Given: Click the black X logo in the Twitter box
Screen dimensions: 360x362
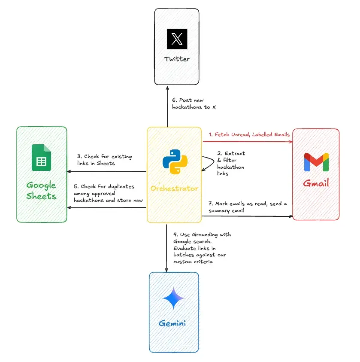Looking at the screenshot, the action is pyautogui.click(x=177, y=39).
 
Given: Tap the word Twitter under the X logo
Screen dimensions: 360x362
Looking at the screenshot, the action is pyautogui.click(x=177, y=59).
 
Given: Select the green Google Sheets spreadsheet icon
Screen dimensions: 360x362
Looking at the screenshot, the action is pyautogui.click(x=41, y=158).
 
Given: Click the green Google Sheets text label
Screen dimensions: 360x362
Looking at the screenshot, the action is pyautogui.click(x=41, y=191).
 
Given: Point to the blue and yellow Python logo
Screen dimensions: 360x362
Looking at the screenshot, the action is pyautogui.click(x=175, y=162).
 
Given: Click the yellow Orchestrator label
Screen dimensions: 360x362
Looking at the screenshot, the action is pyautogui.click(x=174, y=189).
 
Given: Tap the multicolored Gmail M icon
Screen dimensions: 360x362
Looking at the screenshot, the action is pyautogui.click(x=316, y=162).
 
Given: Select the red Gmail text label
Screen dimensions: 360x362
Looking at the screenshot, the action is pyautogui.click(x=316, y=183).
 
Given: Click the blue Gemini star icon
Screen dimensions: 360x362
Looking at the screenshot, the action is pyautogui.click(x=173, y=298).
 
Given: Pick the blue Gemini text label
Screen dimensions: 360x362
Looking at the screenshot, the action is pyautogui.click(x=172, y=323).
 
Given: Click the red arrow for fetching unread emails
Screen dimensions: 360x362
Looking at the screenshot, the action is pyautogui.click(x=248, y=141).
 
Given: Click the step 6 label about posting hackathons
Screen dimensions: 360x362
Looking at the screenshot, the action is pyautogui.click(x=194, y=103).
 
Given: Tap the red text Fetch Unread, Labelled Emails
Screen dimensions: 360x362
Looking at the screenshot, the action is pyautogui.click(x=249, y=134).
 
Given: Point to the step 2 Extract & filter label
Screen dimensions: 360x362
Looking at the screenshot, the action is pyautogui.click(x=231, y=164).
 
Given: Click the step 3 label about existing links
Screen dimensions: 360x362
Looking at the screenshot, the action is pyautogui.click(x=104, y=160).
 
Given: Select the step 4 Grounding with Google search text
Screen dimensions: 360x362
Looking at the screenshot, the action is pyautogui.click(x=202, y=248).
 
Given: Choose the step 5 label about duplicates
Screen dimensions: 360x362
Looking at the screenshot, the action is pyautogui.click(x=109, y=193).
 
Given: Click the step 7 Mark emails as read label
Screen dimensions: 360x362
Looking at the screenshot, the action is pyautogui.click(x=248, y=207).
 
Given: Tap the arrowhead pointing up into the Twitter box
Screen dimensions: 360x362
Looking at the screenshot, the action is pyautogui.click(x=167, y=88).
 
